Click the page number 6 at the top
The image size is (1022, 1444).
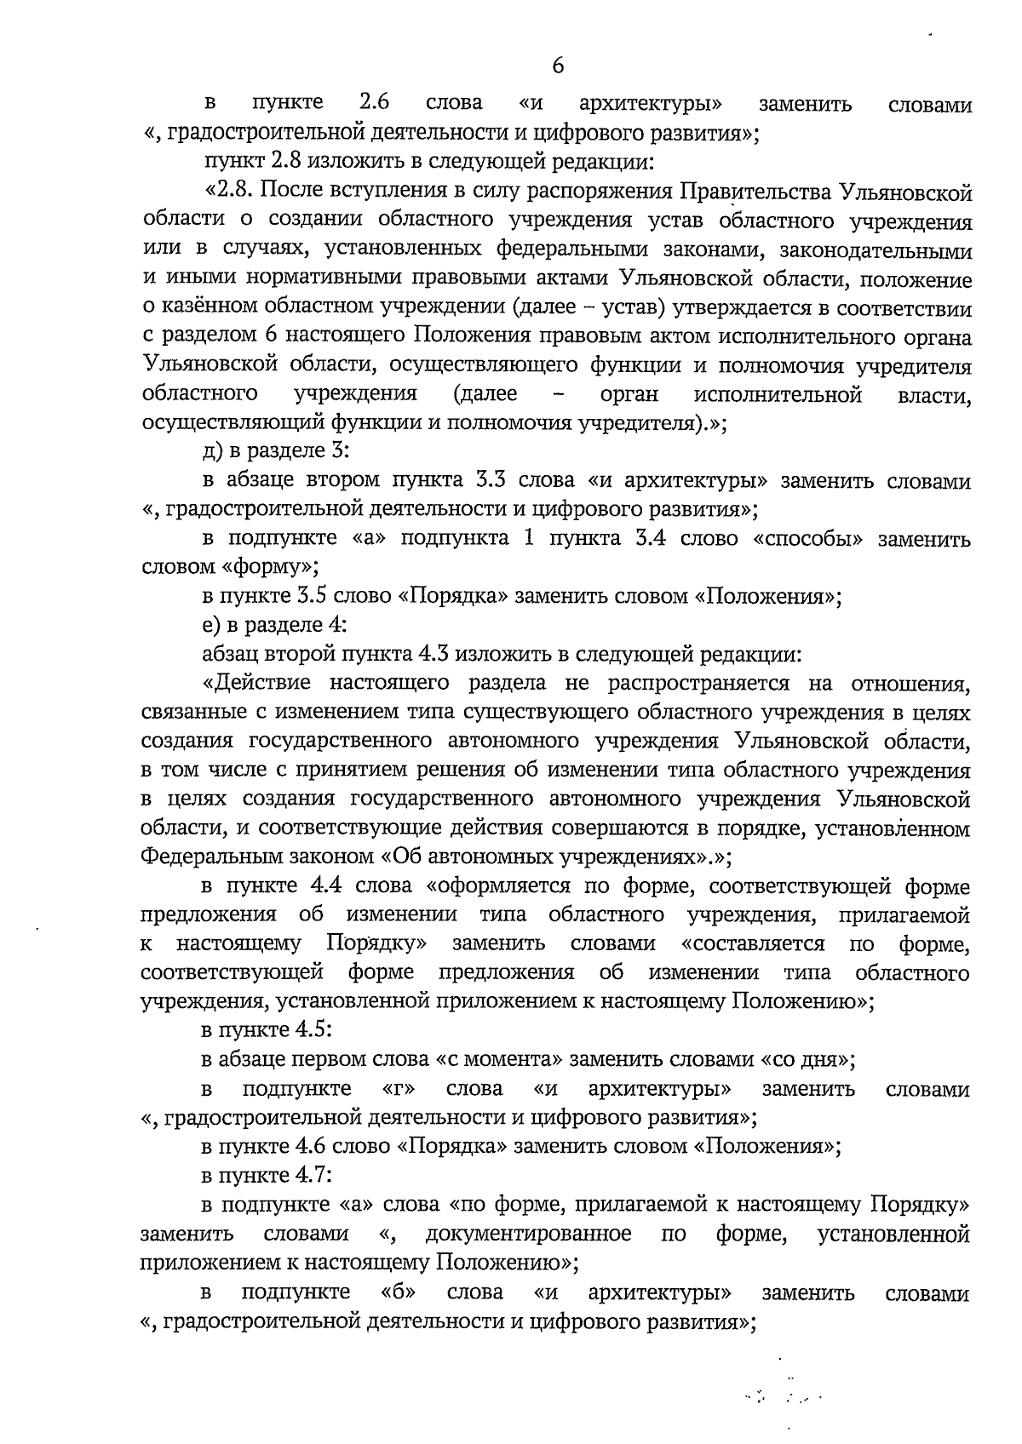[x=559, y=66]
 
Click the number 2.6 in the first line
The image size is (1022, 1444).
[x=374, y=103]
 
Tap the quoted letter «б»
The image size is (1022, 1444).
[x=399, y=1292]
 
